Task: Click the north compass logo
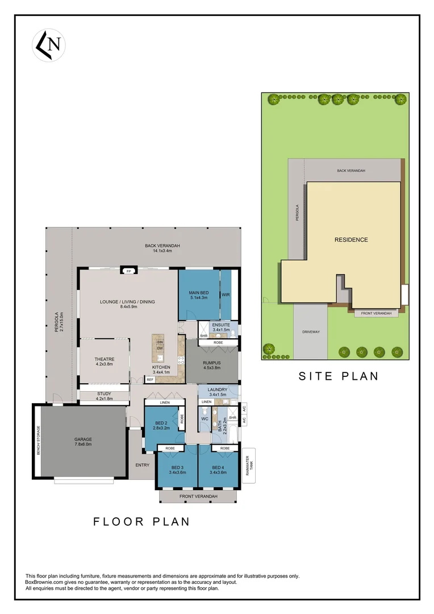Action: tap(49, 45)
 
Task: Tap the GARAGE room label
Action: tap(83, 439)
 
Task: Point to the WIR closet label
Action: tap(226, 295)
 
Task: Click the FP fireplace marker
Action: tap(129, 271)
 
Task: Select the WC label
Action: tap(205, 420)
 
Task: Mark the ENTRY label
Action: tap(142, 465)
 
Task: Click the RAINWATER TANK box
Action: tap(249, 466)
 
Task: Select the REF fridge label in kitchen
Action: tap(150, 379)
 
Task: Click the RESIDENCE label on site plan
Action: tap(350, 240)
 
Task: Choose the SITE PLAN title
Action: tap(339, 376)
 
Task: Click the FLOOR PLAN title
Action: tap(141, 521)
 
